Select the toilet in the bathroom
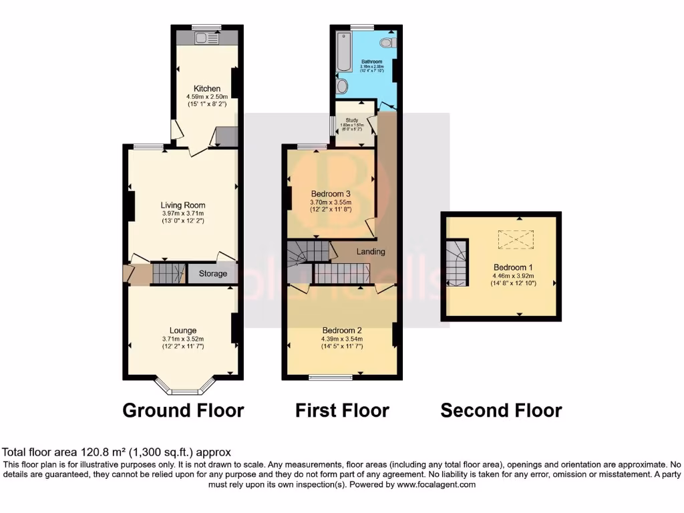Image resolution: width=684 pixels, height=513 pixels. tap(386, 43)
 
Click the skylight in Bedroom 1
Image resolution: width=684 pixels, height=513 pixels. tap(512, 238)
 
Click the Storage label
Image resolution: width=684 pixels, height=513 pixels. tap(212, 274)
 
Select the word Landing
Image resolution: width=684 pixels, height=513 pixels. tap(371, 252)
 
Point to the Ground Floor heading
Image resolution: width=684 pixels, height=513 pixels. tap(183, 410)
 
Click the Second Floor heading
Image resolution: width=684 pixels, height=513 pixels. tap(501, 410)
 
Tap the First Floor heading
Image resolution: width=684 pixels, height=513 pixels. tap(342, 410)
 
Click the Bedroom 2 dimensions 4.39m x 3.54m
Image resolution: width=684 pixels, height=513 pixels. tap(342, 339)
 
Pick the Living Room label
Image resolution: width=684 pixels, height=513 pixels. tap(183, 205)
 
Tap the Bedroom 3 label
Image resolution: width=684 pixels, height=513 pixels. tap(331, 194)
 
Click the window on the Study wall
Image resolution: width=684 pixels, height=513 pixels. tap(332, 127)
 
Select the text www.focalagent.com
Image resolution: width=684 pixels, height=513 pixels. tap(438, 485)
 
